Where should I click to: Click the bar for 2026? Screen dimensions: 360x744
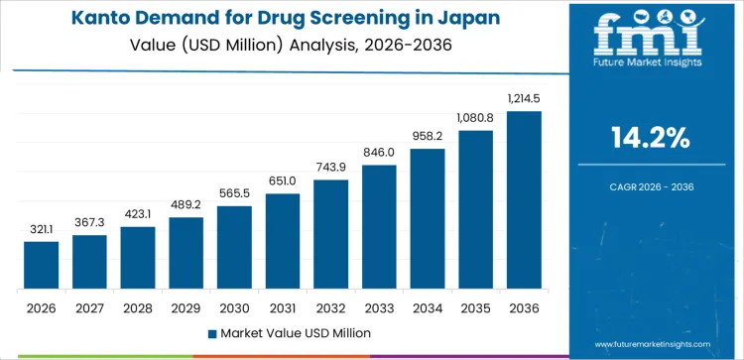coord(42,265)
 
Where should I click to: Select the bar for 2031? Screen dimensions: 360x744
coord(283,241)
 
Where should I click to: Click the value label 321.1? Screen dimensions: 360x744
coord(42,230)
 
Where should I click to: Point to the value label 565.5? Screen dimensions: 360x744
coord(234,194)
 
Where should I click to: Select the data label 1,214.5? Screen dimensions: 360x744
coord(524,99)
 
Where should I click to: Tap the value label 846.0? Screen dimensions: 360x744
coord(379,154)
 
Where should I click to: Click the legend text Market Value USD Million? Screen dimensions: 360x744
coord(297,332)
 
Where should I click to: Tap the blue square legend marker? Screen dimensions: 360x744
coord(211,332)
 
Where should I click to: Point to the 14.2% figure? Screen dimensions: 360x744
coord(652,138)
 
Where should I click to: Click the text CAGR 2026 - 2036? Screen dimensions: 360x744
coord(652,184)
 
